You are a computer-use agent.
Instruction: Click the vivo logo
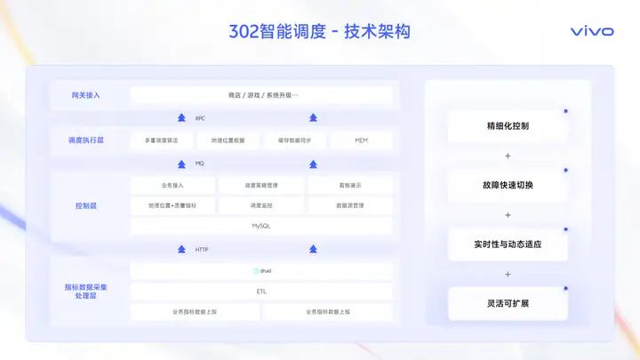(591, 31)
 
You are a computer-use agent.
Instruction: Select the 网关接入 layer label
(86, 95)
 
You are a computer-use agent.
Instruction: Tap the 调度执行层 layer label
(86, 140)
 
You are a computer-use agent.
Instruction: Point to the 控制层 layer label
(86, 205)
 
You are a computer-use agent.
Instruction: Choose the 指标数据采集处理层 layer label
(86, 291)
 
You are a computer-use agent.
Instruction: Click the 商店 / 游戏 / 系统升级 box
(261, 95)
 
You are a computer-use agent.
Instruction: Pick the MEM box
(361, 140)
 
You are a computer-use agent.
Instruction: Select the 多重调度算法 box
(161, 140)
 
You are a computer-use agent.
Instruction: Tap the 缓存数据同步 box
(295, 140)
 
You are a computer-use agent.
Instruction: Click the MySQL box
(261, 226)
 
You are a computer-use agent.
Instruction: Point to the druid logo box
(261, 271)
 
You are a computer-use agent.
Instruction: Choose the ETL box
(261, 292)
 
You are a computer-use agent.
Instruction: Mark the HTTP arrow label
(202, 250)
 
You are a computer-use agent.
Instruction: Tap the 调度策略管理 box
(261, 186)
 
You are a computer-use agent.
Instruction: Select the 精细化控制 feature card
(508, 126)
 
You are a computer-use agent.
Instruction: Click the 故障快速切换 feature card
(508, 185)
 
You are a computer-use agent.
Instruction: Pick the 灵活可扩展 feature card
(508, 303)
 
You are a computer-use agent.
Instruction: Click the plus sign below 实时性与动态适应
(508, 274)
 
